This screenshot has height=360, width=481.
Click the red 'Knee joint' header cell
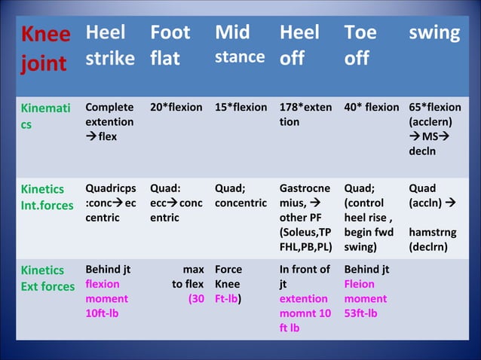tap(45, 49)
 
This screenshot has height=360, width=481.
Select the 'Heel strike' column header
tap(110, 45)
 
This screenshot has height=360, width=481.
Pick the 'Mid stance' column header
tap(240, 45)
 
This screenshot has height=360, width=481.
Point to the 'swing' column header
tap(434, 33)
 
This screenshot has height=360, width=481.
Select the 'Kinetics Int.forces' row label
tap(47, 197)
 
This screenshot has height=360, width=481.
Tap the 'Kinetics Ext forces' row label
tap(47, 278)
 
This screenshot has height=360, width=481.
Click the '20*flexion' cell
tap(176, 108)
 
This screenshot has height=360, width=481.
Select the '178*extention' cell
tap(305, 114)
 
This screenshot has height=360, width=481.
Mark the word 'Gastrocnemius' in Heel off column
tap(305, 196)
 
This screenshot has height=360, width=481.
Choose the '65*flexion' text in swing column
tap(435, 108)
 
